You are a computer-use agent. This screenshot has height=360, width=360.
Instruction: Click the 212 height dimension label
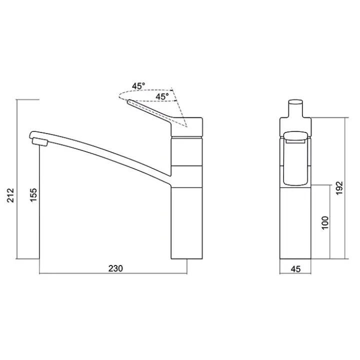click(10, 195)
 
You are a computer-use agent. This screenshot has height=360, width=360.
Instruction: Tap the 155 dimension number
click(33, 195)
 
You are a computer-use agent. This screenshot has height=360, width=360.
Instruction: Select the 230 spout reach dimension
click(115, 268)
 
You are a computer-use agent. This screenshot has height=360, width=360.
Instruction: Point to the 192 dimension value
click(339, 188)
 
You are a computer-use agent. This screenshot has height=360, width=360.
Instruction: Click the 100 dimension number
click(325, 222)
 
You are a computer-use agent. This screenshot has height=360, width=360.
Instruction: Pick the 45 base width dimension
click(295, 269)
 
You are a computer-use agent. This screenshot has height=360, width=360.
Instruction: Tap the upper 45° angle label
click(138, 86)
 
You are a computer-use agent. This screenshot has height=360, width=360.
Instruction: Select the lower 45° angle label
click(162, 96)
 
